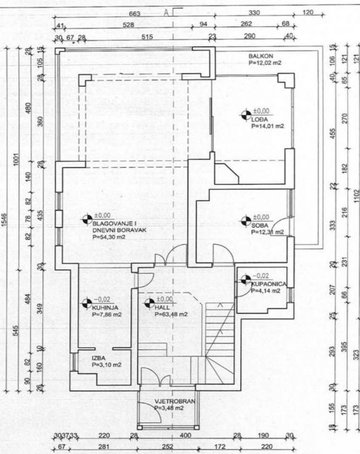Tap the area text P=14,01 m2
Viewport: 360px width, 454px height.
click(267, 126)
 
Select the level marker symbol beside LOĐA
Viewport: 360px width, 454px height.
click(246, 114)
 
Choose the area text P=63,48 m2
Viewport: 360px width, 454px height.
click(171, 314)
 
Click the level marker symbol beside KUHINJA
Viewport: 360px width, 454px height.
click(86, 303)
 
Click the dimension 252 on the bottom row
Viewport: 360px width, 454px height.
click(167, 446)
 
